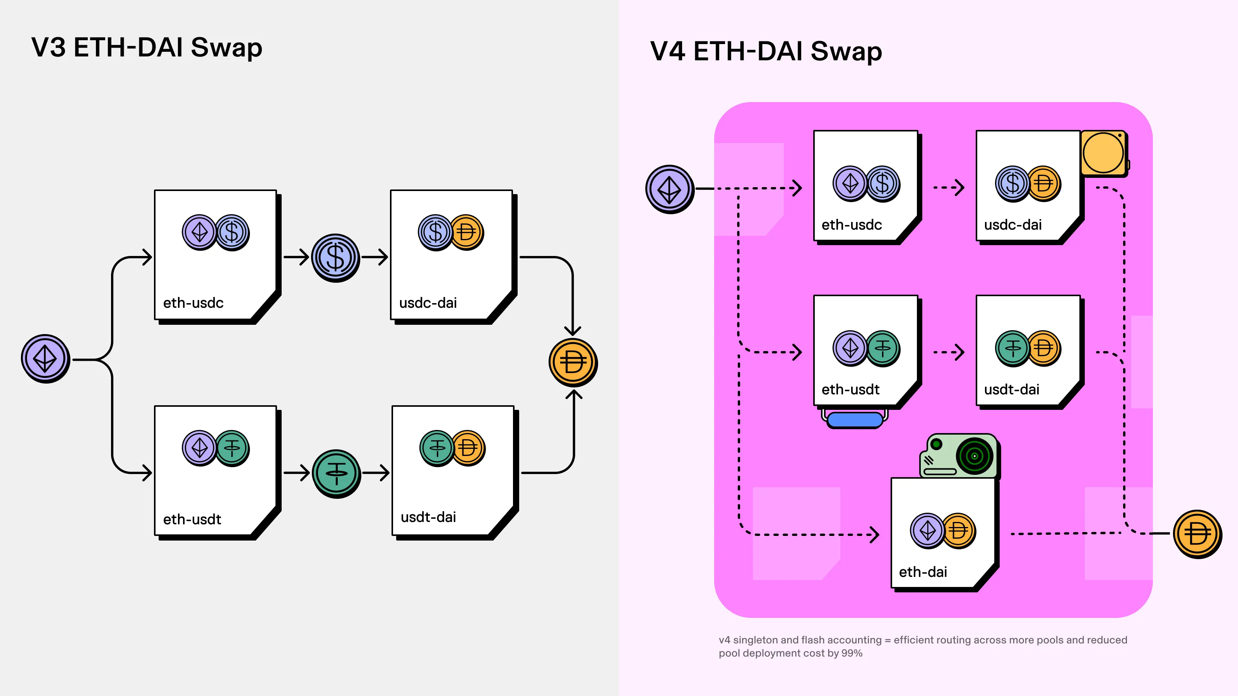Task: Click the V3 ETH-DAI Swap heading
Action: click(x=147, y=48)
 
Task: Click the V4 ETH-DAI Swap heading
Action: click(x=766, y=51)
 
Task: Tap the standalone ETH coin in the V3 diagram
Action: click(x=45, y=358)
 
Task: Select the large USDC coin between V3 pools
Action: click(x=335, y=258)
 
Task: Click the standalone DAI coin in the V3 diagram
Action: click(x=573, y=362)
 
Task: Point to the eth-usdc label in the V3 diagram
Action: click(x=193, y=303)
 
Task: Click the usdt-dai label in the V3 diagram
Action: click(x=428, y=517)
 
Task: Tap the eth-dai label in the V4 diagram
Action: click(x=923, y=572)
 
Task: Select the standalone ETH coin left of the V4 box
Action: click(x=669, y=189)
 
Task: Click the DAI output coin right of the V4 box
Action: click(x=1197, y=534)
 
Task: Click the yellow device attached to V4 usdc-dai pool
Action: click(x=1103, y=153)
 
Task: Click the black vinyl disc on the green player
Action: click(x=975, y=456)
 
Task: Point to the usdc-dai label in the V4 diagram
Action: click(x=1012, y=225)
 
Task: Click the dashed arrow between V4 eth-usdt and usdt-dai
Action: click(x=948, y=352)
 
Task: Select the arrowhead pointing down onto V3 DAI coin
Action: click(x=573, y=331)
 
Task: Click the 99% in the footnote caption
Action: click(x=852, y=653)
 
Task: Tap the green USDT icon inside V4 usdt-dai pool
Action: click(x=1012, y=348)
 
